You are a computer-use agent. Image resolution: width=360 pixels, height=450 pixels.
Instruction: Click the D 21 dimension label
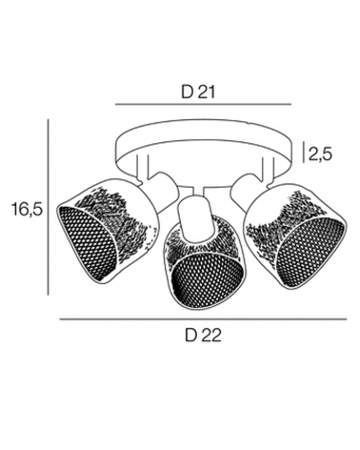pyautogui.click(x=198, y=92)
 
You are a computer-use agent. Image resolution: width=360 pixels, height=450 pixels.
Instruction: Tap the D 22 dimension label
pyautogui.click(x=203, y=335)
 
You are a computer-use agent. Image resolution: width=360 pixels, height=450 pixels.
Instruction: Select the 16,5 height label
pyautogui.click(x=27, y=209)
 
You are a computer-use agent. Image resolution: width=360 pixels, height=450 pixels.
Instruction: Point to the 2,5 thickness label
pyautogui.click(x=320, y=154)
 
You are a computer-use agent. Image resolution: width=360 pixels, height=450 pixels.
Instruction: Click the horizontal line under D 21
pyautogui.click(x=203, y=104)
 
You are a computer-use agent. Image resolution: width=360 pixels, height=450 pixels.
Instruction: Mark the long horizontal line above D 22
pyautogui.click(x=203, y=319)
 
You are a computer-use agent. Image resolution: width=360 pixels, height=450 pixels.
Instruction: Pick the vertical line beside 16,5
pyautogui.click(x=49, y=207)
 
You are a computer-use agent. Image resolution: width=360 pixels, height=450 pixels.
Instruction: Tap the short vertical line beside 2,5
pyautogui.click(x=304, y=153)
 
